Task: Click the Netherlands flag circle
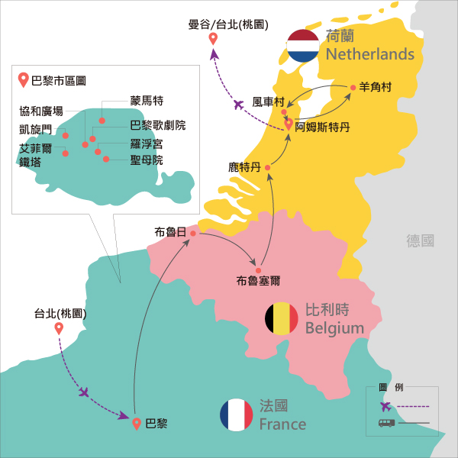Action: point(303,45)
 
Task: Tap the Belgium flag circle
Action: point(282,318)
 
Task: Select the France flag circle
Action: point(236,414)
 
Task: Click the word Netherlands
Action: point(369,54)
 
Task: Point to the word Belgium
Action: point(334,328)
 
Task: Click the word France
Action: point(282,424)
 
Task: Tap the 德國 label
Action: point(421,240)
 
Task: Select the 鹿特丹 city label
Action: point(244,166)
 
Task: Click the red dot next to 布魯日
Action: point(193,234)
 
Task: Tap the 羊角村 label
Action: point(375,88)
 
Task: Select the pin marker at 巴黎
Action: point(137,423)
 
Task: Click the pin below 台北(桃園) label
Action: point(59,329)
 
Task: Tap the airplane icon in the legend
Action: point(386,406)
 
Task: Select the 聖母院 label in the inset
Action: point(147,160)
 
